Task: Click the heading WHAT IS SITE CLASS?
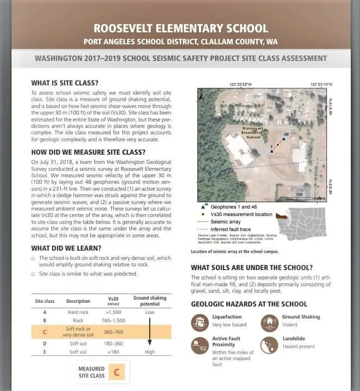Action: pyautogui.click(x=65, y=84)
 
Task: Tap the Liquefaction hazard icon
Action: pyautogui.click(x=200, y=322)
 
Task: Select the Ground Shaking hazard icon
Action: pyautogui.click(x=269, y=322)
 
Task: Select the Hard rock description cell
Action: pyautogui.click(x=78, y=313)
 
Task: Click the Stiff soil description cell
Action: pyautogui.click(x=78, y=343)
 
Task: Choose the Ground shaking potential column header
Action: pyautogui.click(x=149, y=301)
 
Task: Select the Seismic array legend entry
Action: pyautogui.click(x=225, y=222)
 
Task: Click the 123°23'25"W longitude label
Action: pyautogui.click(x=241, y=84)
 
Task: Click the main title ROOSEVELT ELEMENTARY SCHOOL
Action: pyautogui.click(x=181, y=28)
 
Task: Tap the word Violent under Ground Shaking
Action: pyautogui.click(x=290, y=325)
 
